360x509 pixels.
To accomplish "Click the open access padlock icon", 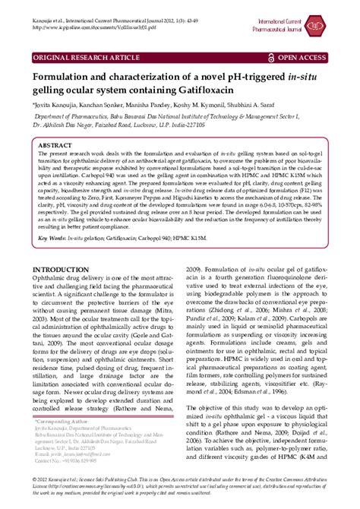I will (x=272, y=58).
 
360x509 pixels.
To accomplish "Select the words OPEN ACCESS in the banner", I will (x=304, y=58).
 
